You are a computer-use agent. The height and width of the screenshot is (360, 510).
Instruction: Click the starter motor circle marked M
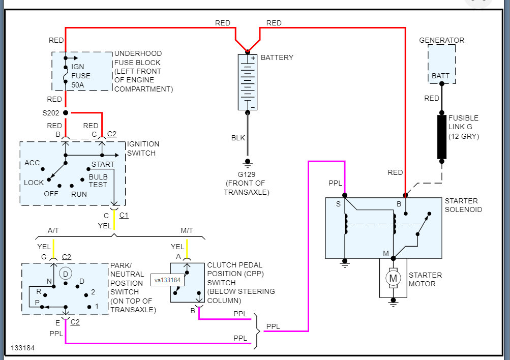click(x=392, y=278)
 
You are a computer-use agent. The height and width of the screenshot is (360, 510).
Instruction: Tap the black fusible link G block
click(x=441, y=137)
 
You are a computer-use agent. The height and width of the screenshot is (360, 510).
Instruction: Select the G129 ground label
click(x=247, y=174)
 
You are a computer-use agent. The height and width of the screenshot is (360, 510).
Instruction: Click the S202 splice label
click(x=51, y=112)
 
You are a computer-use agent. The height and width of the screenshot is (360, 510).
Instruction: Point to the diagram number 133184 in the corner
click(x=23, y=348)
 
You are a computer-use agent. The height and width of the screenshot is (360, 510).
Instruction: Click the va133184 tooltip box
click(x=168, y=279)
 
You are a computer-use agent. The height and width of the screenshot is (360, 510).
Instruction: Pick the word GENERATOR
click(x=441, y=40)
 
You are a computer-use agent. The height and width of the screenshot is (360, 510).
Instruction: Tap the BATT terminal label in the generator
click(x=441, y=76)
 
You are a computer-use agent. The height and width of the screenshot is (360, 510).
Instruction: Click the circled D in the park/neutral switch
click(x=65, y=274)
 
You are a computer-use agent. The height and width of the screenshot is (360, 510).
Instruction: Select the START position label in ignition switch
click(x=103, y=164)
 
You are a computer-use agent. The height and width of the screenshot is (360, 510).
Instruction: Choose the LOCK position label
click(x=34, y=183)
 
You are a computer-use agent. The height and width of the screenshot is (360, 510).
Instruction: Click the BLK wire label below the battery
click(x=238, y=138)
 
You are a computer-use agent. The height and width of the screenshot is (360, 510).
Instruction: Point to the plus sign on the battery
click(x=253, y=58)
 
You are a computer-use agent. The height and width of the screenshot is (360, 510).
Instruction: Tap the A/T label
click(x=53, y=230)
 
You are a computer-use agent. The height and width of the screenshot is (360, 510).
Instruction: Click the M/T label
click(x=187, y=230)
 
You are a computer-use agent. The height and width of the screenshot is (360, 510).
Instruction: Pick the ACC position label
click(x=32, y=163)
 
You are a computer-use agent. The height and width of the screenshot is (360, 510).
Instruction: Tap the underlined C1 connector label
click(x=124, y=215)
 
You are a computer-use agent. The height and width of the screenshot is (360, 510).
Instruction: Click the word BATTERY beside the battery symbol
click(x=277, y=57)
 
